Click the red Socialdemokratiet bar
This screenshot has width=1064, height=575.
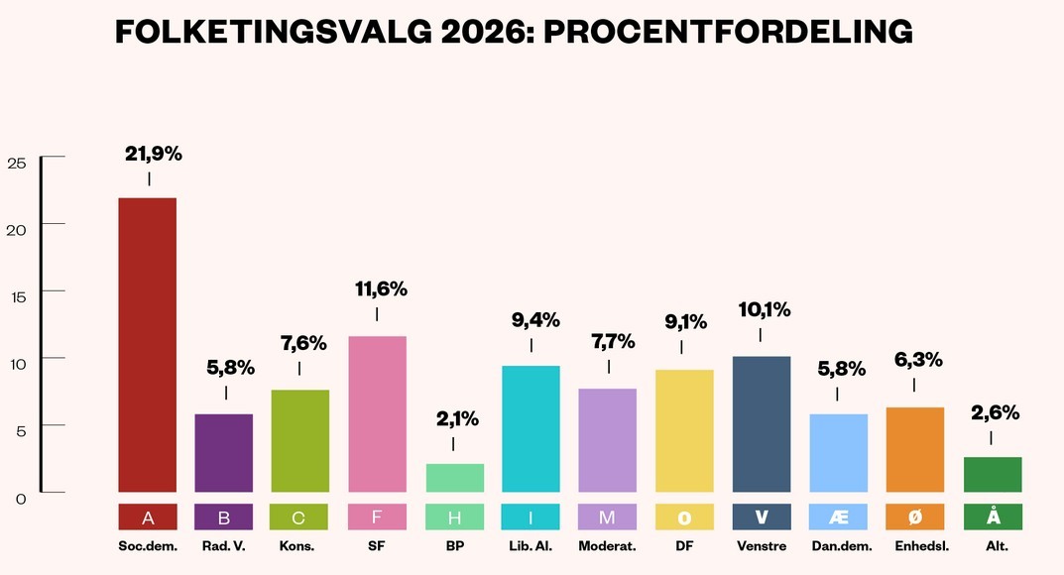147,344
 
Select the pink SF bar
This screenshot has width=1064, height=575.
377,413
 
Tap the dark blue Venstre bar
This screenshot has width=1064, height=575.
762,423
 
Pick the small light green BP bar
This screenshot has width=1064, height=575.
454,477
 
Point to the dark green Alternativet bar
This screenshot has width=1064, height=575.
993,474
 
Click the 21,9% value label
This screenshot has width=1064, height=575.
154,155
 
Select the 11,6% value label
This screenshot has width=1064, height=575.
381,289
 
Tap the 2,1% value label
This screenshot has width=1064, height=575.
457,418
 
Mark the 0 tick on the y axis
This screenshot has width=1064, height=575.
20,499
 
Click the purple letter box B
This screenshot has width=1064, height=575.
224,517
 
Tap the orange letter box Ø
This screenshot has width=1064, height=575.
915,517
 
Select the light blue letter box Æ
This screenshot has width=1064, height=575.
838,517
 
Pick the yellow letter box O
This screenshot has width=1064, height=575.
684,517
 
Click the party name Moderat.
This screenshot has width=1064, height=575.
607,546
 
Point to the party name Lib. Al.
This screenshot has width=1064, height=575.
531,546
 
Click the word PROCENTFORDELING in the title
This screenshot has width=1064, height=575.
728,33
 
